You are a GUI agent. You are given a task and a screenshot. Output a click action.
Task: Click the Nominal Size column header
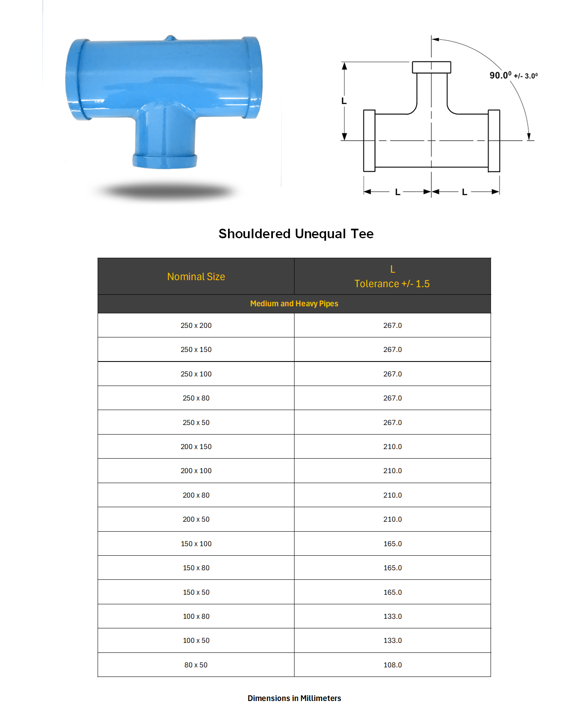pos(196,277)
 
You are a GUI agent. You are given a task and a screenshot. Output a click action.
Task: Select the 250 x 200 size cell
pos(196,325)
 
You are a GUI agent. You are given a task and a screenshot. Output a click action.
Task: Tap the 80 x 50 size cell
pos(196,665)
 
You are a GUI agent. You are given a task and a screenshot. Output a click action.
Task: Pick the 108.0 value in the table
pos(393,665)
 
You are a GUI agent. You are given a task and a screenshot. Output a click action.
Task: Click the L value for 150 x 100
pos(393,544)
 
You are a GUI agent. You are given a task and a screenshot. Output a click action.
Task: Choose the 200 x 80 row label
pos(196,495)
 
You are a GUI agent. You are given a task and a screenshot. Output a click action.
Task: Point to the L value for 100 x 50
pos(393,640)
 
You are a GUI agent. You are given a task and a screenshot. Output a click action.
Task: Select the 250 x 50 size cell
pos(196,423)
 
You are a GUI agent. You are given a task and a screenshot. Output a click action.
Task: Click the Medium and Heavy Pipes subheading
pos(294,304)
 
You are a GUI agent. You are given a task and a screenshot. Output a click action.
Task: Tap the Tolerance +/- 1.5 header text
pos(392,284)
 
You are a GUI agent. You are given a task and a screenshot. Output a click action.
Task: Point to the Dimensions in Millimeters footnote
pos(294,699)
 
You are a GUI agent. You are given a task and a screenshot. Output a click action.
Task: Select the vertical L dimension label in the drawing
pos(344,101)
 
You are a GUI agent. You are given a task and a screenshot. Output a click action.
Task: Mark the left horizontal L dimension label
pos(398,192)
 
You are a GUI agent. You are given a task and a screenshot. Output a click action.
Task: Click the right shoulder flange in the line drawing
pos(494,141)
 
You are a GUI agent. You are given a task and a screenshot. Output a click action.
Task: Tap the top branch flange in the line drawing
pos(432,67)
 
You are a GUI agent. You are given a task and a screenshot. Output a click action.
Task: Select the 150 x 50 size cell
pos(196,592)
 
